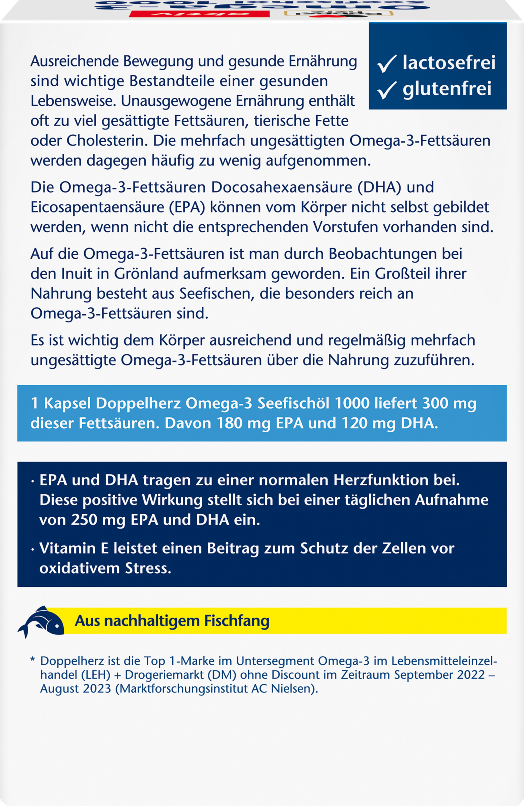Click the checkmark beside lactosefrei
pyautogui.click(x=387, y=64)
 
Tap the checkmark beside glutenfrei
pyautogui.click(x=387, y=90)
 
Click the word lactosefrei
pyautogui.click(x=449, y=63)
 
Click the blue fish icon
pyautogui.click(x=41, y=621)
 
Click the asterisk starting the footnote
pyautogui.click(x=33, y=660)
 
